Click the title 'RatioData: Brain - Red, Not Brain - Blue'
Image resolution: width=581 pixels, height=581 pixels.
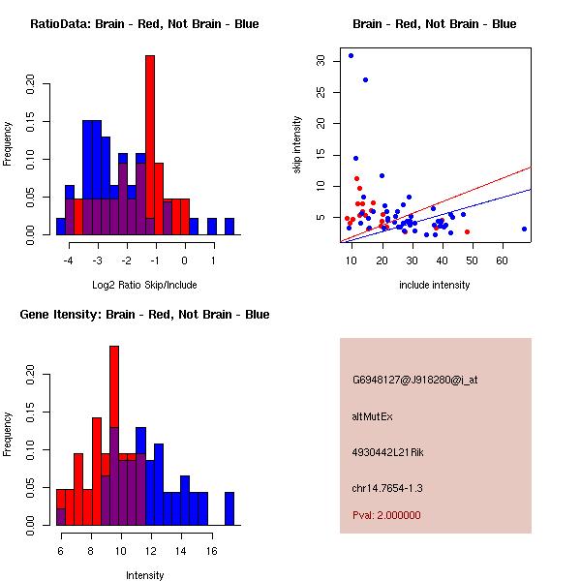pos(144,24)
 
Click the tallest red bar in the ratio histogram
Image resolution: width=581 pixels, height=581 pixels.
pos(150,136)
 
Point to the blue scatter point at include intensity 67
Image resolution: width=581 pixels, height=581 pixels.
pos(524,229)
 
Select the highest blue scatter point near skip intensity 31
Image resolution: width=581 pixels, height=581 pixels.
pos(351,55)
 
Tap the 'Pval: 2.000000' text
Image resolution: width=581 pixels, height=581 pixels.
pos(386,515)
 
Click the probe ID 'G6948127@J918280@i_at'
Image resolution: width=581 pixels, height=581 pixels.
pos(414,380)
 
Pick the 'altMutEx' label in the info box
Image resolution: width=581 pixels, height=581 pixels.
pos(370,416)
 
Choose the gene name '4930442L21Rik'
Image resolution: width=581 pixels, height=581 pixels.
pos(387,452)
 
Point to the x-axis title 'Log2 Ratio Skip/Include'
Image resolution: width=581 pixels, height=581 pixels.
pos(144,285)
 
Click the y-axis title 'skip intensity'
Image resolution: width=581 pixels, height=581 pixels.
pos(298,145)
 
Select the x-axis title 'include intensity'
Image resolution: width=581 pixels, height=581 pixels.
pos(435,285)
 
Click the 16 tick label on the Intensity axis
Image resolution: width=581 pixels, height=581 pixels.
pos(208,551)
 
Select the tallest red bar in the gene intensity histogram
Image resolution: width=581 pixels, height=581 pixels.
pos(114,387)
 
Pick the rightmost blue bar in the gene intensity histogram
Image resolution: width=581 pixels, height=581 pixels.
pos(229,508)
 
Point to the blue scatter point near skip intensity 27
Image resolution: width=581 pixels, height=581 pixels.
pos(365,79)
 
